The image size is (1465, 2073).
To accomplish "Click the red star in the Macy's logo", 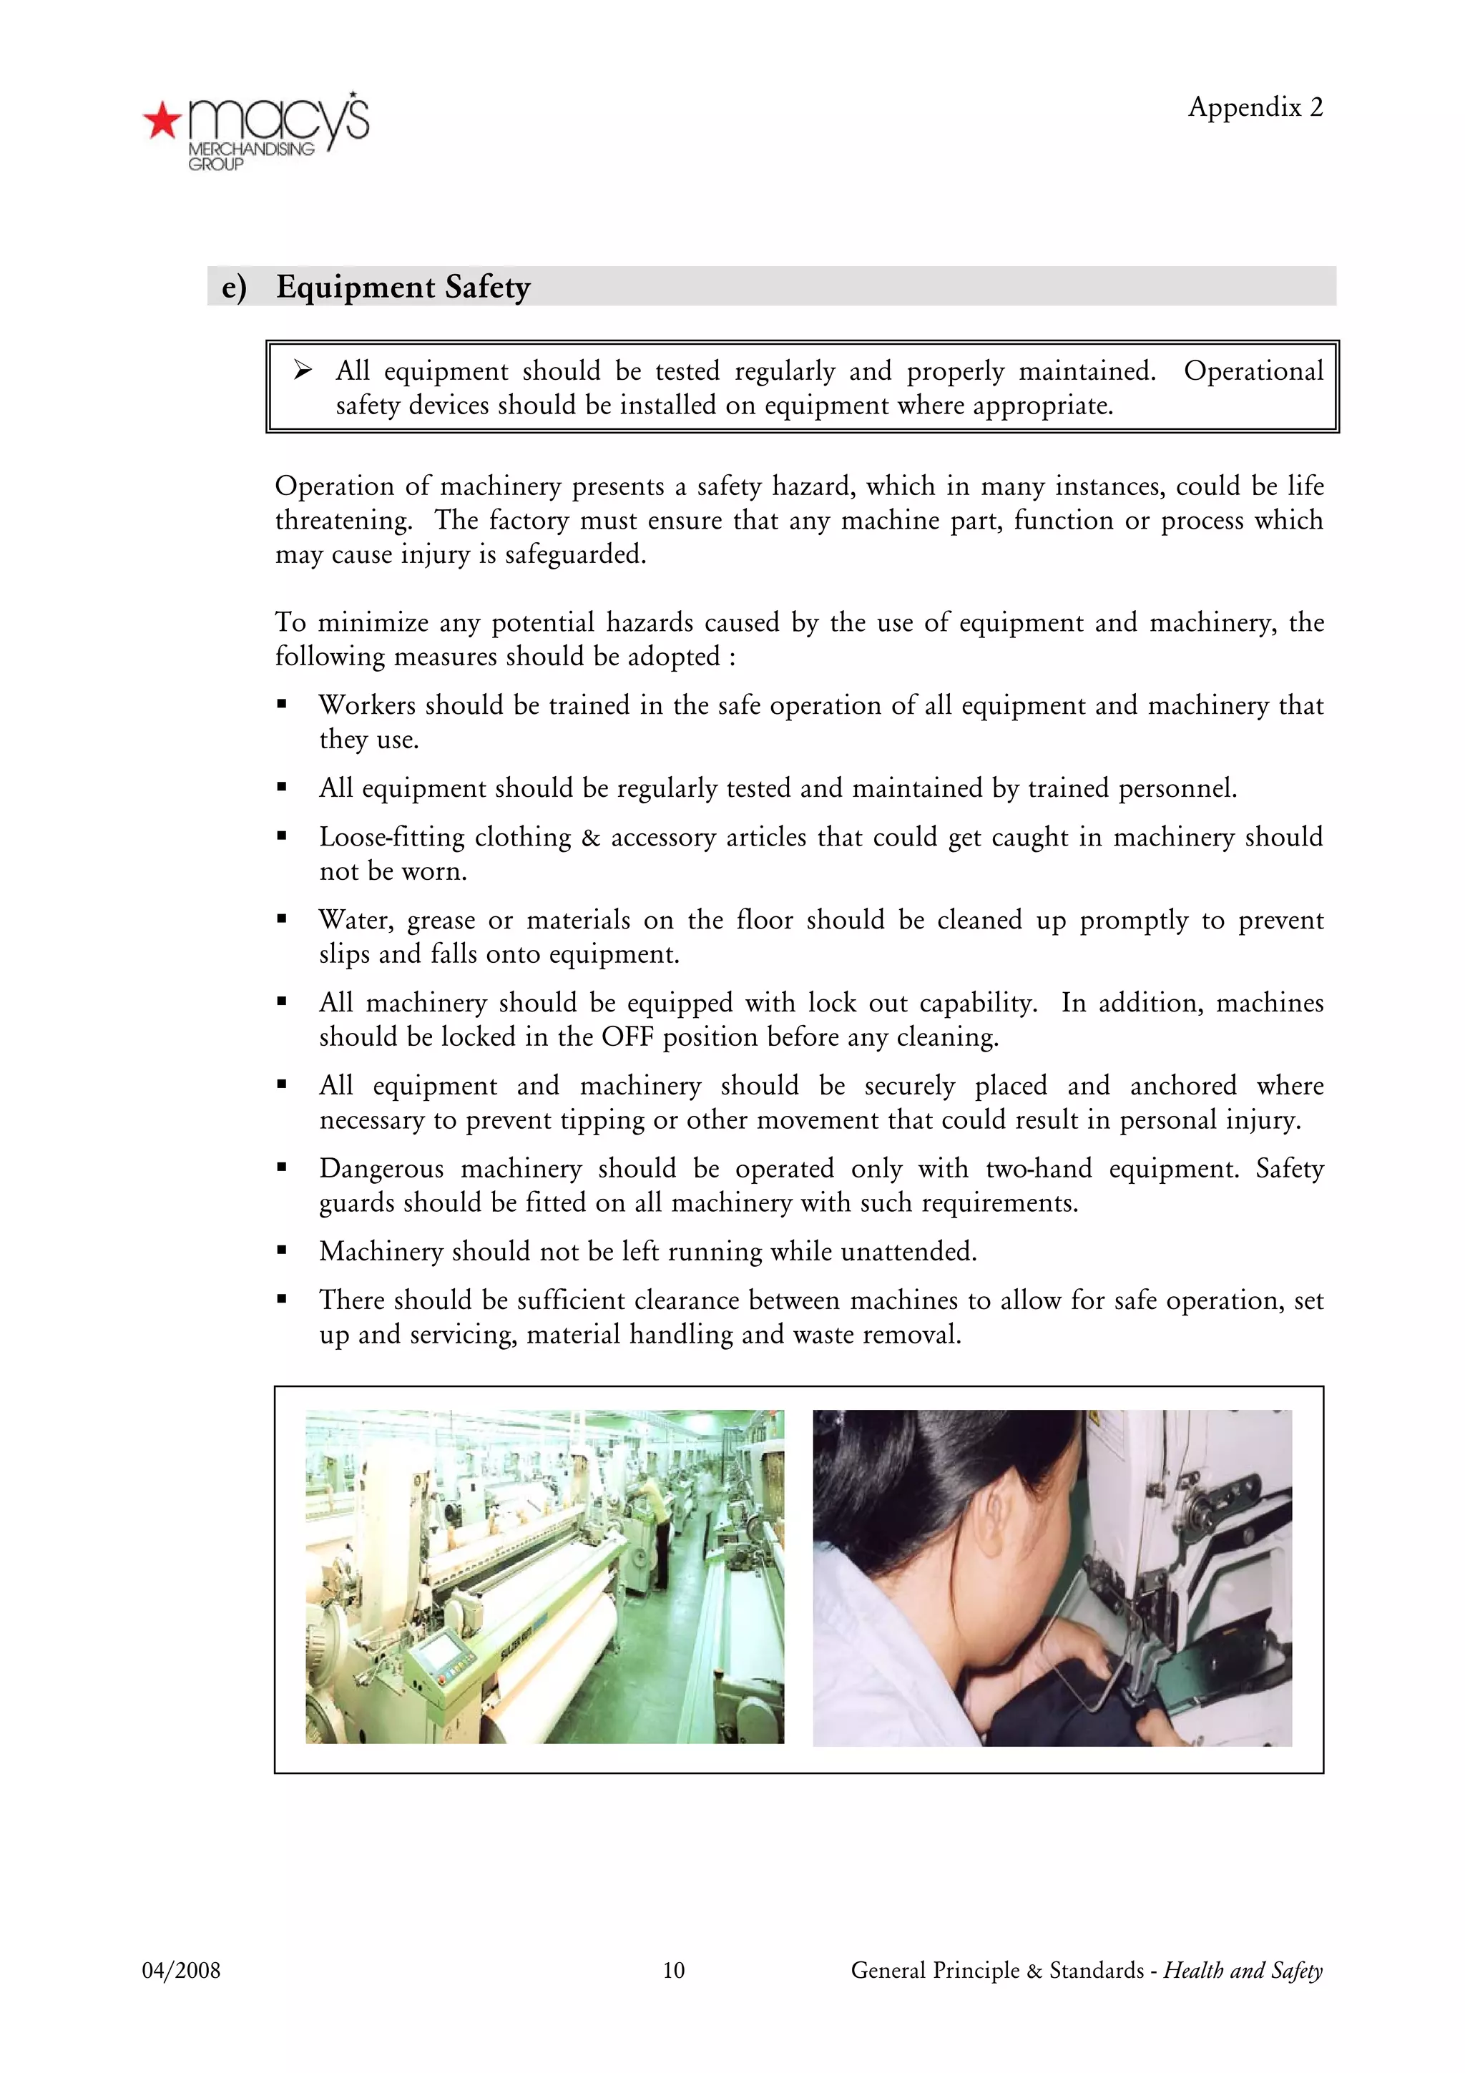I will [x=162, y=120].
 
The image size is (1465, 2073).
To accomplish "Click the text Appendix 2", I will [x=1255, y=107].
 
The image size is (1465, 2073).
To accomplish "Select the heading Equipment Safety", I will [x=403, y=287].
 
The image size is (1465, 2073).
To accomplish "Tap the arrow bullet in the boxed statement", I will [x=303, y=371].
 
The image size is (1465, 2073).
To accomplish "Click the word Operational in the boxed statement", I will [x=1253, y=371].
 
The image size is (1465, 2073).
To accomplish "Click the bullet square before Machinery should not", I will [x=282, y=1251].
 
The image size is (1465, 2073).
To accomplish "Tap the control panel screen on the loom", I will [x=438, y=1652].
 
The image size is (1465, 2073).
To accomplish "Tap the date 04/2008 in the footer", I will [x=180, y=1970].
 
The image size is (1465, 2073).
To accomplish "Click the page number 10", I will [x=673, y=1970].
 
